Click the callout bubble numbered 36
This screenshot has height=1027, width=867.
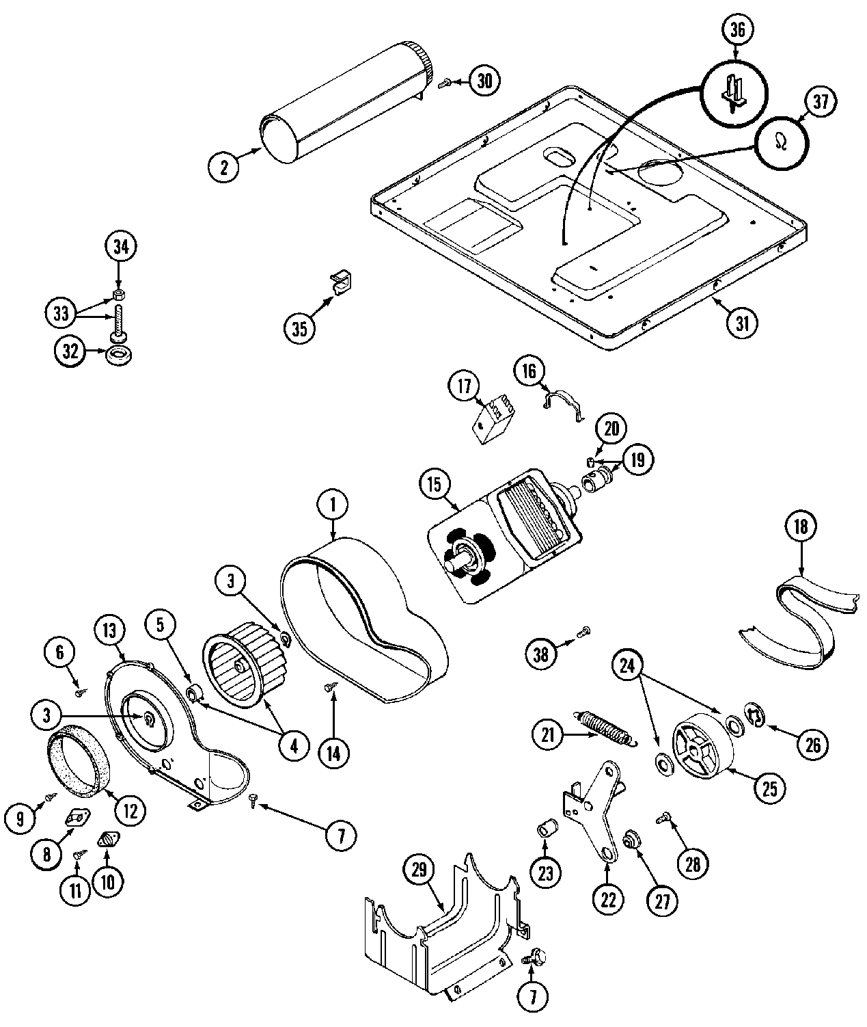[736, 30]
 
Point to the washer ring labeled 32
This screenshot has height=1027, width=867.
[120, 355]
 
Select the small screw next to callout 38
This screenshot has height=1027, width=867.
[585, 631]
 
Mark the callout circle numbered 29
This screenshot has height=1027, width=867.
[419, 869]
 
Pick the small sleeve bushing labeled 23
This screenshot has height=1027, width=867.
[547, 830]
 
